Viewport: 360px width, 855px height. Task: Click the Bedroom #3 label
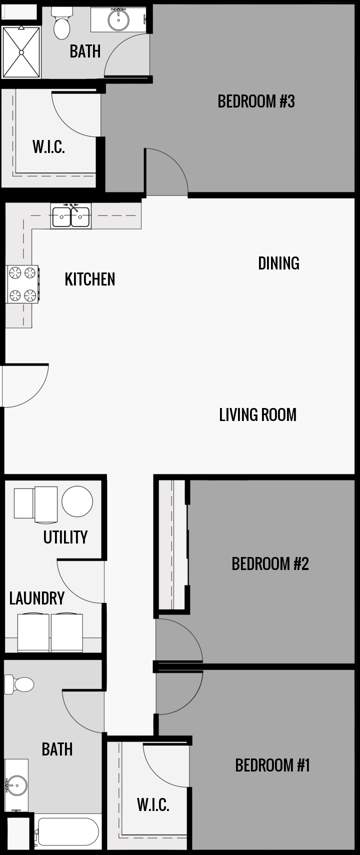(x=256, y=101)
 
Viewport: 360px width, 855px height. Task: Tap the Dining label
(x=278, y=263)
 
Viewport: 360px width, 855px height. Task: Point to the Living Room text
(x=257, y=414)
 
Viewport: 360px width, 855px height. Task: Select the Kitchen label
(x=90, y=279)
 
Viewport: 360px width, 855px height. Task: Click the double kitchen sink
(x=71, y=216)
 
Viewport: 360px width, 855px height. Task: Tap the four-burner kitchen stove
(x=22, y=284)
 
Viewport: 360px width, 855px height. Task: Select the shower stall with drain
(x=21, y=52)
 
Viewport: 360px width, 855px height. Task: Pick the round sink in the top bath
(x=118, y=19)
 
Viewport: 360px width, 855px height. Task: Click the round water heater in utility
(x=77, y=501)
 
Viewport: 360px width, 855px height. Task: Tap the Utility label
(x=65, y=537)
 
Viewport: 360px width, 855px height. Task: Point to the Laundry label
(x=37, y=598)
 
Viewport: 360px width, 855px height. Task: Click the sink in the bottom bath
(x=17, y=784)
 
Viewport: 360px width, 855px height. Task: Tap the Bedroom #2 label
(x=270, y=564)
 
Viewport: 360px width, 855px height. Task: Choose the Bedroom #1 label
(x=272, y=765)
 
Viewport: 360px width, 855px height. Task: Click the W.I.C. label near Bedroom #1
(x=153, y=804)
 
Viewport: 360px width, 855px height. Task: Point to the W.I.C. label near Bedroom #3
(x=48, y=147)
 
